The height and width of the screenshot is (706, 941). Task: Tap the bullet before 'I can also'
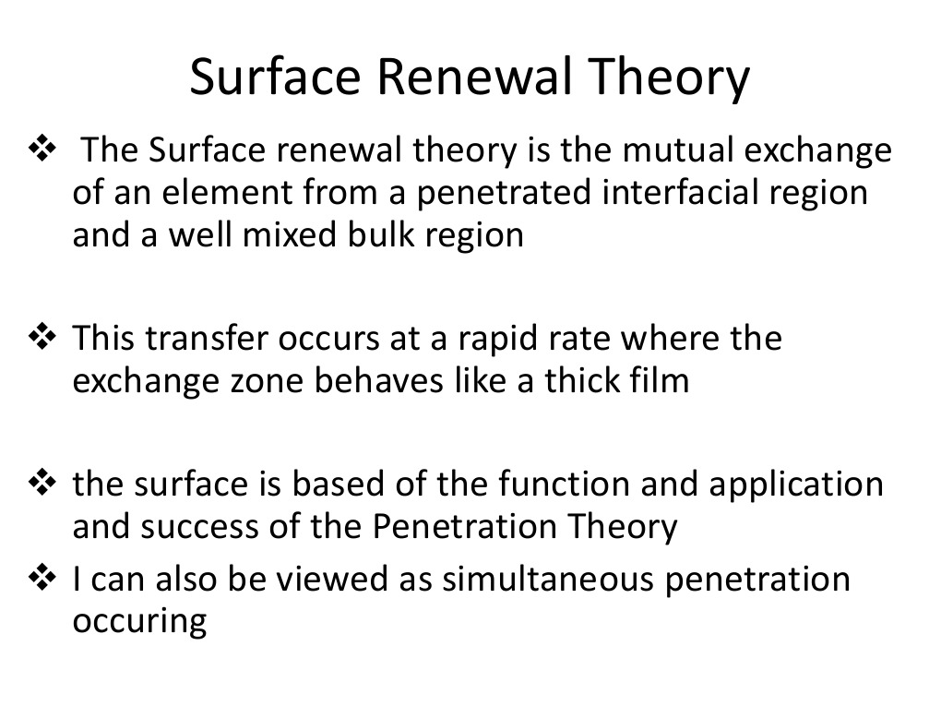click(x=45, y=579)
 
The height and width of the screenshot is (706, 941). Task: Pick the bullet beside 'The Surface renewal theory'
click(x=45, y=149)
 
